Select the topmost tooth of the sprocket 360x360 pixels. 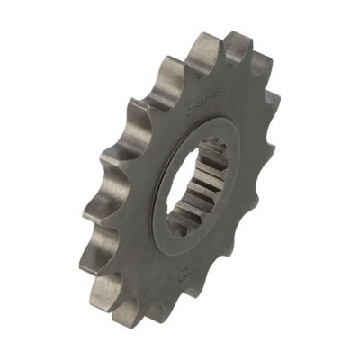[x=237, y=42]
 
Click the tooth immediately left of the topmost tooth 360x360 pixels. [x=199, y=48]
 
